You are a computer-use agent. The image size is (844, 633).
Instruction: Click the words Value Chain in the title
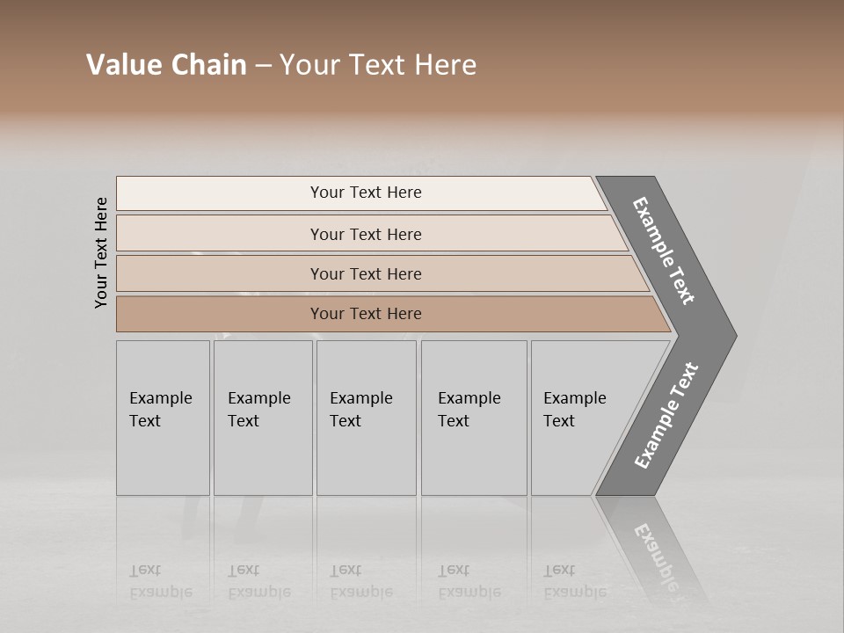coord(166,65)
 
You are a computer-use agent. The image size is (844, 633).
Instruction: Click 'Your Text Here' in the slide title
coord(378,65)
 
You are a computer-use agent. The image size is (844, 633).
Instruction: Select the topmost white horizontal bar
coord(366,193)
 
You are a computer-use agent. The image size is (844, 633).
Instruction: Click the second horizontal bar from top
coord(366,234)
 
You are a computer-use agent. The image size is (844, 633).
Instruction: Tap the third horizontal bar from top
coord(366,273)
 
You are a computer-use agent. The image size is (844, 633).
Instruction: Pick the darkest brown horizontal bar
coord(366,314)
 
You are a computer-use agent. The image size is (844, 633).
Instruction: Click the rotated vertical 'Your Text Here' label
coord(101,253)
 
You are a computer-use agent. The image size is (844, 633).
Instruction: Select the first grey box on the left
coord(163,418)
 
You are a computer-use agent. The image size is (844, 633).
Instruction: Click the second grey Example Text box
coord(263,418)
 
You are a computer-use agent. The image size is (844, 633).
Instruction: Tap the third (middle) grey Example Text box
coord(366,418)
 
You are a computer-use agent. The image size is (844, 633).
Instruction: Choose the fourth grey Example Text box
coord(474,418)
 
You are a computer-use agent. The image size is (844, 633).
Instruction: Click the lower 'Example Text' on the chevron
coord(666,415)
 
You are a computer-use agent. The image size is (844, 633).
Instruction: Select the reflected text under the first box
coord(160,581)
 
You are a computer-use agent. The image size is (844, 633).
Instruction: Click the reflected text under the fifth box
coord(574,581)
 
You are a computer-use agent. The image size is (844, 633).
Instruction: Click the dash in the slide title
coord(263,66)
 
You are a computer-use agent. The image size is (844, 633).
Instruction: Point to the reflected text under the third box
coord(360,581)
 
